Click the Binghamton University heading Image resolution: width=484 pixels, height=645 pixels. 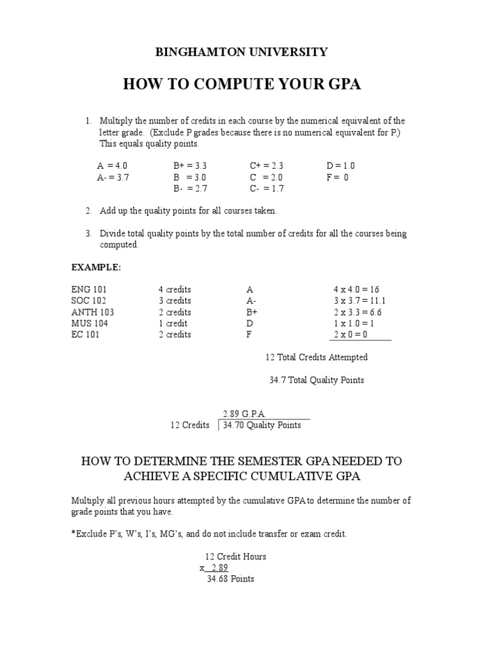pos(242,52)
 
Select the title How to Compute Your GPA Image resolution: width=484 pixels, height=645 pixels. pos(242,84)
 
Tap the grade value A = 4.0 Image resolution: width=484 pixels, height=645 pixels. pos(113,166)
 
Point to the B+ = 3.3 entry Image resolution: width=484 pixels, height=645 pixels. pos(190,166)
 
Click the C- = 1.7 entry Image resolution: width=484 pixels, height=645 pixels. pos(267,189)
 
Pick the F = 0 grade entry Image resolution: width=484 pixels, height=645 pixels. pos(337,178)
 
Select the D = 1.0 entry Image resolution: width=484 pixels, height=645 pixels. pos(341,166)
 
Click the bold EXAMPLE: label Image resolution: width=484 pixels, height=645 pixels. pos(96,267)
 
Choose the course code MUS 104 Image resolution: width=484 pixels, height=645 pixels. pos(89,324)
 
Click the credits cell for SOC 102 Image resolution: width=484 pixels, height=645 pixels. pos(175,301)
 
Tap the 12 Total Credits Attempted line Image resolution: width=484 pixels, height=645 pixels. pos(316,358)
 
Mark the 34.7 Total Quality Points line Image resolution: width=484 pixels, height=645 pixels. pos(316,380)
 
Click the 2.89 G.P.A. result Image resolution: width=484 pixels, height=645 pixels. pos(245,414)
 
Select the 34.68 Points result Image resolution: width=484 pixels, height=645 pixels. pos(230,579)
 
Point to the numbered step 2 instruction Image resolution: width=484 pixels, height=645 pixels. pos(188,211)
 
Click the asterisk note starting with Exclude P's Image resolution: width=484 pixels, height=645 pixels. pos(209,534)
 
